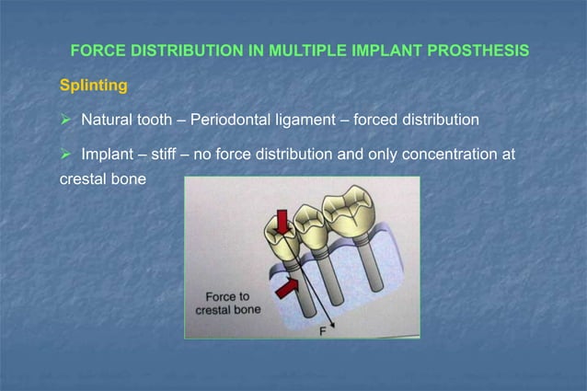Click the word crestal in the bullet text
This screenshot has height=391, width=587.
coord(72,175)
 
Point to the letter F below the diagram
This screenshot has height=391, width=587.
coord(323,332)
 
